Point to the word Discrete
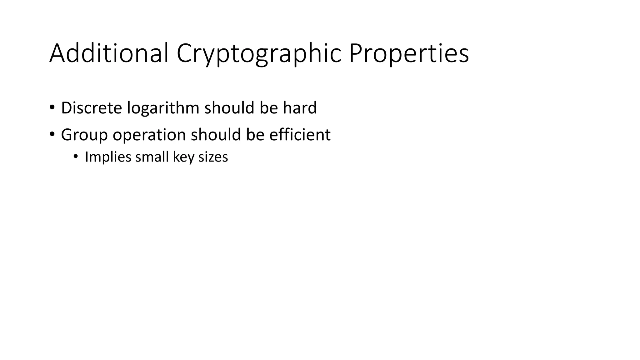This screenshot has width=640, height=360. tap(91, 108)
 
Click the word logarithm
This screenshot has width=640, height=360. tap(163, 108)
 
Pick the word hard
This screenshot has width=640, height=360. tap(300, 108)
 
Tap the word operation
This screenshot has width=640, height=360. tap(149, 135)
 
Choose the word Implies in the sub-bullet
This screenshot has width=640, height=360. tap(108, 157)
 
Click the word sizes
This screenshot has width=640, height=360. tap(213, 157)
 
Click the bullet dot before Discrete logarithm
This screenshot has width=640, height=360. tap(52, 108)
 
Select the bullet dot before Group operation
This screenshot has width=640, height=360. tap(52, 135)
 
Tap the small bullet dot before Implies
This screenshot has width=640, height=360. tap(75, 156)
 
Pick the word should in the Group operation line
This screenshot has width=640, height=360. tap(216, 135)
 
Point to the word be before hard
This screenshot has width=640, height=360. tap(269, 108)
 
